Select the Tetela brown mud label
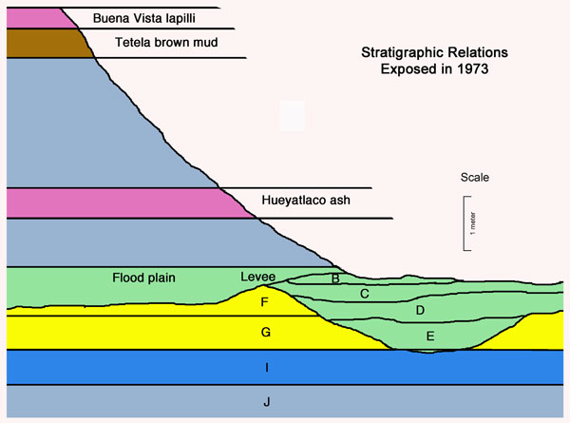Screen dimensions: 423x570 tap(157, 43)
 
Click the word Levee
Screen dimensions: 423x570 tap(257, 277)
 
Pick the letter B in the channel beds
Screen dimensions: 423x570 tap(334, 279)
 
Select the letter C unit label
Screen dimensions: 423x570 tap(364, 295)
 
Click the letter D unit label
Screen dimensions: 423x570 tap(419, 310)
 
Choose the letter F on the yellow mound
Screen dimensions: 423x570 tap(265, 302)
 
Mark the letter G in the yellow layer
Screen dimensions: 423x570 tap(265, 332)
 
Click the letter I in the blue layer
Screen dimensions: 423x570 tap(267, 367)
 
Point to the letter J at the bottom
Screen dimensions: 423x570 tap(267, 403)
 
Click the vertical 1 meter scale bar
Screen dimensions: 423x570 tap(465, 223)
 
